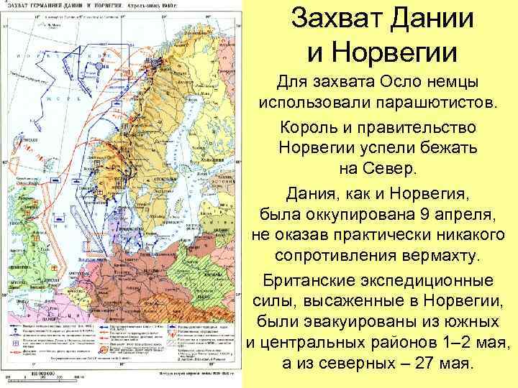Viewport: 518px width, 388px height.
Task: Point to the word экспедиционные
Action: (425, 280)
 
